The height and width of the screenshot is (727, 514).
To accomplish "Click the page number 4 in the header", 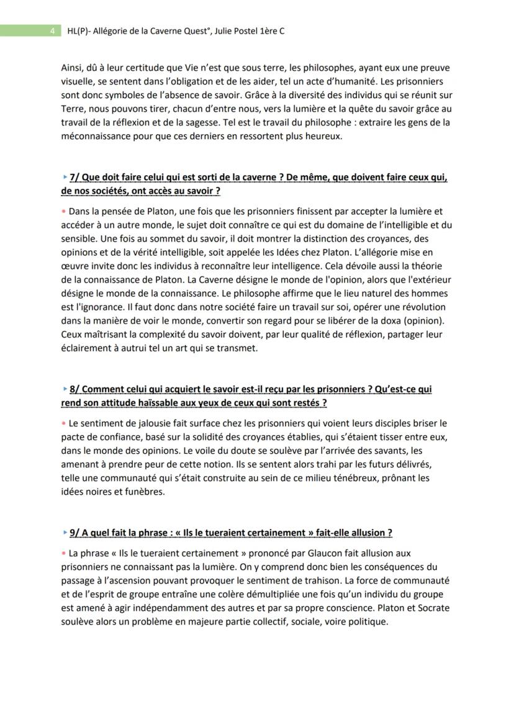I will [x=53, y=30].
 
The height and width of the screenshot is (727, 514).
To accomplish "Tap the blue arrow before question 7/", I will [x=64, y=178].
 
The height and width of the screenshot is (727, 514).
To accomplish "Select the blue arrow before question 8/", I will [x=64, y=389].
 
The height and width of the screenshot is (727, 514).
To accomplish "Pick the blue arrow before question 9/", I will [x=64, y=533].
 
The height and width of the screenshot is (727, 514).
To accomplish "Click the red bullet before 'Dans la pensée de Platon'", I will [x=64, y=212].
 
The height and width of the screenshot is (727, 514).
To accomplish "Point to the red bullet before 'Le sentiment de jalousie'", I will [x=64, y=423].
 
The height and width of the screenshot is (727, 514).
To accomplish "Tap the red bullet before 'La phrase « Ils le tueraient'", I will [x=64, y=553].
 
